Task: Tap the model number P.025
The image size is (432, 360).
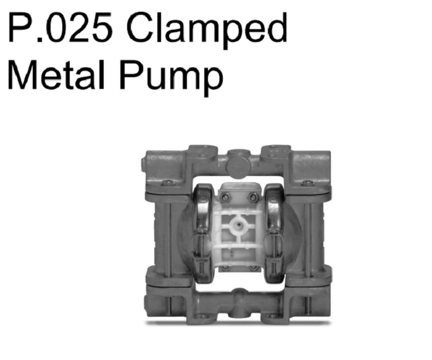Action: click(x=60, y=27)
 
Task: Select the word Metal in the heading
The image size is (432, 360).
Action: click(x=56, y=74)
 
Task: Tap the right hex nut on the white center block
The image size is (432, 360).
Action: click(x=252, y=197)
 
